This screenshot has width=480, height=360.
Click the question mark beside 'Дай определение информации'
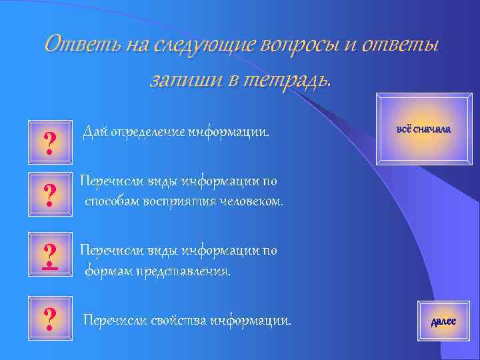(x=49, y=142)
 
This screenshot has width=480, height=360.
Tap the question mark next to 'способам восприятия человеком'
(x=49, y=195)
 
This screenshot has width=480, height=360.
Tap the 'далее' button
(x=443, y=321)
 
